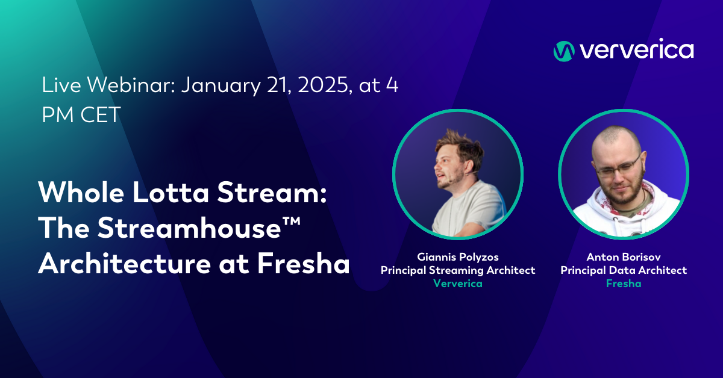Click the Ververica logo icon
564,51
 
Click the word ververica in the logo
636,51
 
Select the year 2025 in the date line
318,85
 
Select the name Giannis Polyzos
458,258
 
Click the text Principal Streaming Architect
458,270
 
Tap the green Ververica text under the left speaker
458,283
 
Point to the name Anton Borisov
624,258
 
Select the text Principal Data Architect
624,270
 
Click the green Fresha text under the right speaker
624,283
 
